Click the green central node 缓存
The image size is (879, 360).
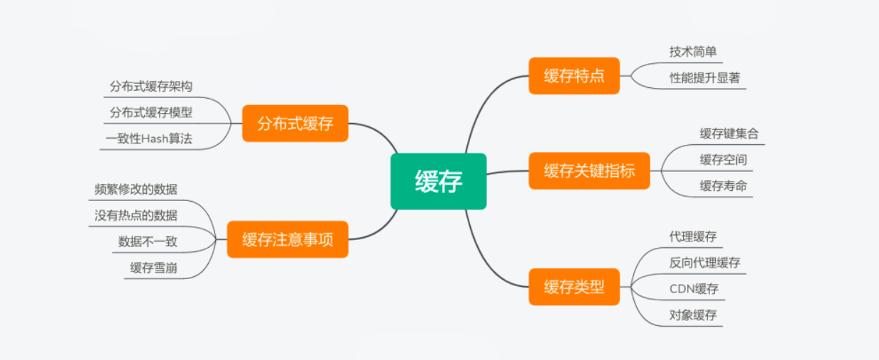(438, 182)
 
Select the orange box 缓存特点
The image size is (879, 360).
(574, 76)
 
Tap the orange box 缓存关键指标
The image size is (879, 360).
(589, 170)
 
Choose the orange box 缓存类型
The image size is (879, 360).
(574, 287)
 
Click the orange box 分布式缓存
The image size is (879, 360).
(295, 124)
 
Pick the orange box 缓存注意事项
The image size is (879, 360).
(287, 239)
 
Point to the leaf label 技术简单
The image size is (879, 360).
(693, 52)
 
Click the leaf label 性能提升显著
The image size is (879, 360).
(704, 78)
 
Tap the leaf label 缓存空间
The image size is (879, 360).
(723, 160)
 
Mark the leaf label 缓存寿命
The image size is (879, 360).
(723, 186)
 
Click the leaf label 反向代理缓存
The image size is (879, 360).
(704, 262)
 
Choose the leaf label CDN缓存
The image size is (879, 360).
(694, 288)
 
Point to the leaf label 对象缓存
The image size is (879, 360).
(693, 315)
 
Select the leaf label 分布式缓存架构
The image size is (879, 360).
(151, 87)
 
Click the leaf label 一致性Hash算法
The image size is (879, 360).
(148, 139)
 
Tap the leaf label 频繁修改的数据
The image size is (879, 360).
(136, 190)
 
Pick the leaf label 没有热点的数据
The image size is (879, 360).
(136, 215)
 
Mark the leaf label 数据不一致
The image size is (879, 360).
(148, 241)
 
